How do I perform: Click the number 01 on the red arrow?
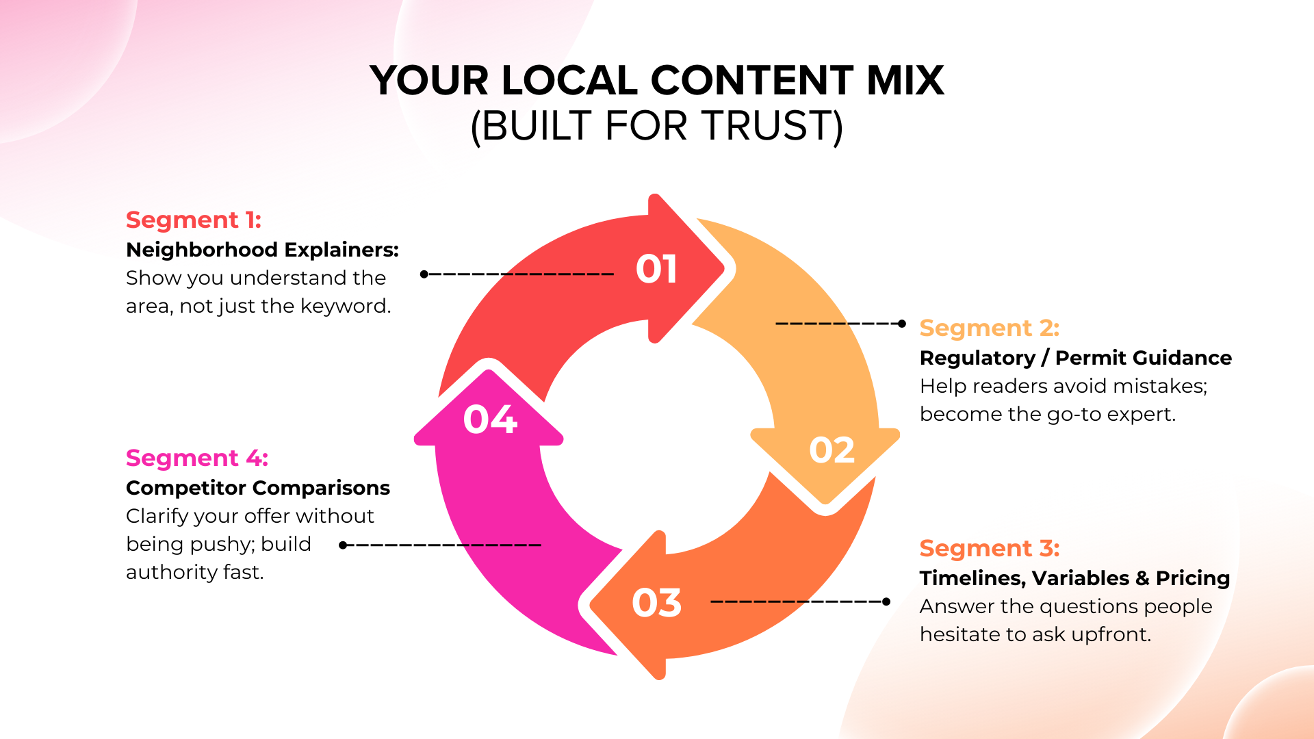click(656, 269)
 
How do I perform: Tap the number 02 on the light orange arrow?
click(832, 450)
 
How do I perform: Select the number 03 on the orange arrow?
click(656, 603)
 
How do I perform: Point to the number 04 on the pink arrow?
click(490, 419)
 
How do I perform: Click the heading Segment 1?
click(194, 220)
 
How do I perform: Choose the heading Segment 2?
click(989, 328)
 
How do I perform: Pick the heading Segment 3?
click(989, 549)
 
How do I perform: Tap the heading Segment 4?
click(196, 458)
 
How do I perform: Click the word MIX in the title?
click(905, 81)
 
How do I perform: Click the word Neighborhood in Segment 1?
click(202, 250)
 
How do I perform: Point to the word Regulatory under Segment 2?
click(977, 359)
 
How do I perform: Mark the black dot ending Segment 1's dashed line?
click(424, 274)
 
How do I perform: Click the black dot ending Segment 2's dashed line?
click(902, 324)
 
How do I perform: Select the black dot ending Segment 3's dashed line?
click(886, 601)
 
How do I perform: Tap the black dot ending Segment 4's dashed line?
click(343, 545)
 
